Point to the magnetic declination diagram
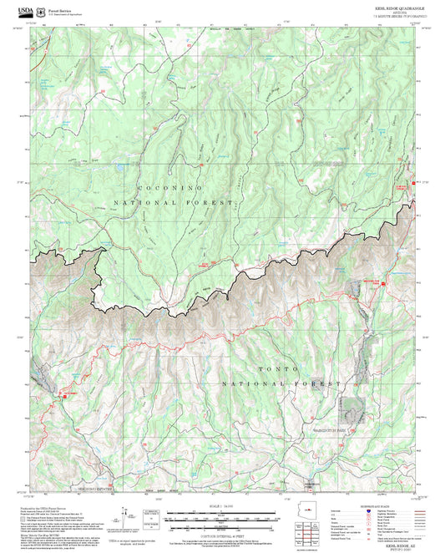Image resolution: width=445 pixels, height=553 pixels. [125, 515]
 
